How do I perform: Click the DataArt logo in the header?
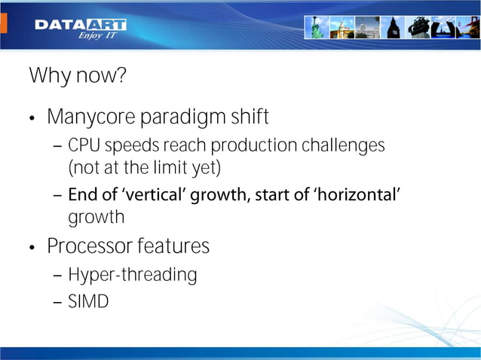point(80,25)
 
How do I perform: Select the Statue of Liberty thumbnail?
point(315,27)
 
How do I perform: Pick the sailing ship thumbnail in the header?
point(418,27)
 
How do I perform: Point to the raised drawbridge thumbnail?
point(444,27)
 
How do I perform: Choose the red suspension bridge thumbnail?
point(468,27)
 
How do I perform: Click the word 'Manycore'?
point(87,118)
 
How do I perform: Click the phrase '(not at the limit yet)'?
point(144,166)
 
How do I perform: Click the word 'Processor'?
point(88,246)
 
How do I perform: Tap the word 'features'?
point(173,246)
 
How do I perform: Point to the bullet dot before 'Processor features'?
point(32,248)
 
